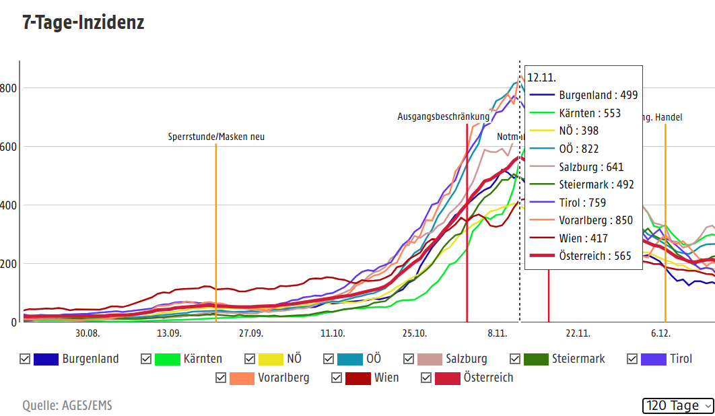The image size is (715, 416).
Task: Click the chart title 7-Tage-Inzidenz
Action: (x=83, y=23)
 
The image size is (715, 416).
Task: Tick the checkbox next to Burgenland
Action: (x=26, y=359)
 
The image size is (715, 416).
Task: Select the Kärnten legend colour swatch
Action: (x=167, y=359)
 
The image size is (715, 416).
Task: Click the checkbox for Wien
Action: (x=337, y=378)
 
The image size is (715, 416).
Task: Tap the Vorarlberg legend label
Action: (x=283, y=378)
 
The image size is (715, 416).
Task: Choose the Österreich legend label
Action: (x=488, y=378)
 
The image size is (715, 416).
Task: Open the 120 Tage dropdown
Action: (x=679, y=405)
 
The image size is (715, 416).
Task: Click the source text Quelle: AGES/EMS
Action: (x=67, y=405)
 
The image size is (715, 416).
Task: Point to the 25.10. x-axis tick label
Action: (x=415, y=333)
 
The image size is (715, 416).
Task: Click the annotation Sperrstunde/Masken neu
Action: (x=216, y=137)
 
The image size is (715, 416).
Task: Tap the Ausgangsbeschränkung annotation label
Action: (x=443, y=117)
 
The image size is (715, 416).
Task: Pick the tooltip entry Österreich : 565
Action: (x=594, y=256)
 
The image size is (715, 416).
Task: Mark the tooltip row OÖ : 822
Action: (x=578, y=149)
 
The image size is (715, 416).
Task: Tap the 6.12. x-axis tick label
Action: (x=660, y=333)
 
